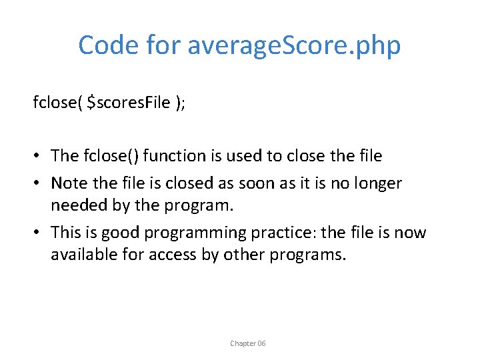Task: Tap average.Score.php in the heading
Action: [294, 45]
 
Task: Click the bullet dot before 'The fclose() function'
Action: [38, 156]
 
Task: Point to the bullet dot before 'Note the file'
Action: [38, 183]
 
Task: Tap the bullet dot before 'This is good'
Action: [38, 233]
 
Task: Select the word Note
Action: [67, 183]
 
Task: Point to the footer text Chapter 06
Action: [247, 343]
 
